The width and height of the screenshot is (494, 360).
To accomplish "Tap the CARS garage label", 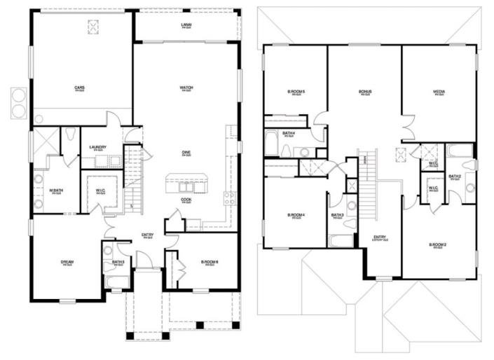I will click(81, 88).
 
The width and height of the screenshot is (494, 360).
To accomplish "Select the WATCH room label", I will click(186, 88).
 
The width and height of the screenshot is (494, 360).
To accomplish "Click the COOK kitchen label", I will click(186, 200).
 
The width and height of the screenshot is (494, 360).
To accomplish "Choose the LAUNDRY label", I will click(97, 147).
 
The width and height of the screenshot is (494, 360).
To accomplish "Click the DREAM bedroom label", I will click(67, 263).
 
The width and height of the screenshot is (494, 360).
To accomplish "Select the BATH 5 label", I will click(118, 263).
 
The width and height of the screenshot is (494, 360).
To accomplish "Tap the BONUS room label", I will click(365, 92).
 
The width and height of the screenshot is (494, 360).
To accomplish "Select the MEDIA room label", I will click(439, 92).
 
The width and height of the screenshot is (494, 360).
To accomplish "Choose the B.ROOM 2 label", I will click(439, 244).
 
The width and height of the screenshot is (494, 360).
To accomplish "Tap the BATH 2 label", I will click(455, 176).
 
